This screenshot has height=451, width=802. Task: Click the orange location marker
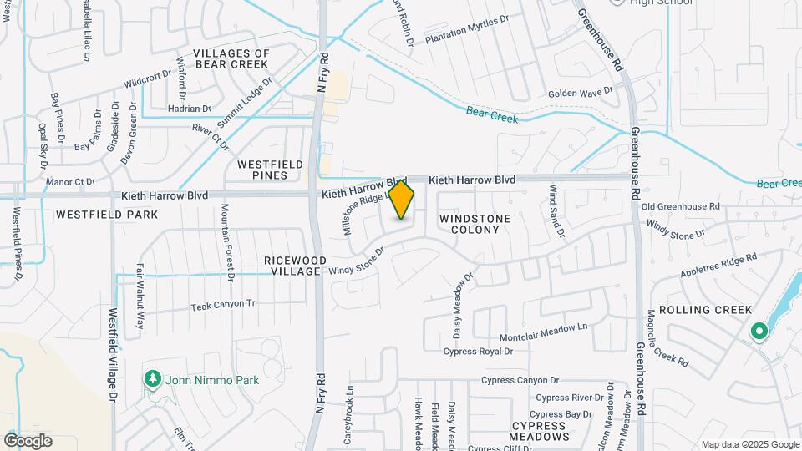coord(402,200)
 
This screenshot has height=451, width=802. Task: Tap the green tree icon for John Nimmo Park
coord(152,380)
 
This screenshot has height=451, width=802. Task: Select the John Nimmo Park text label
coord(212,380)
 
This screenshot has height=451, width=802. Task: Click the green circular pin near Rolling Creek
coord(759,332)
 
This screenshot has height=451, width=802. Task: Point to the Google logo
coord(28,441)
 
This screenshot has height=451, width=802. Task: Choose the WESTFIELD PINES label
coord(270,170)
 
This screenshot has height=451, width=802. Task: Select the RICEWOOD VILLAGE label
coord(292,266)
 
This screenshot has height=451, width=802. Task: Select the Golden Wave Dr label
coord(581,92)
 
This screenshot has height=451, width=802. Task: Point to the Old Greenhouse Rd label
coord(680,205)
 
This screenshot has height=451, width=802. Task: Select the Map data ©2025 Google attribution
coord(749,444)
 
